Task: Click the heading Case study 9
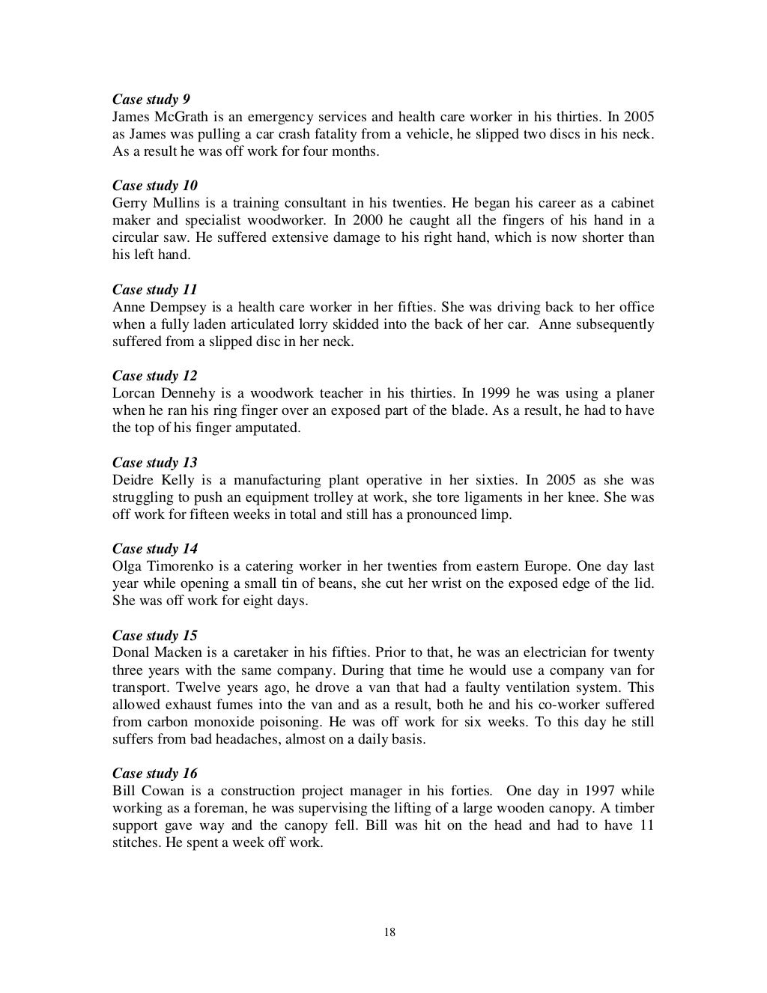(151, 100)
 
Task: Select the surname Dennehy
(192, 394)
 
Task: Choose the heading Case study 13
(155, 463)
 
